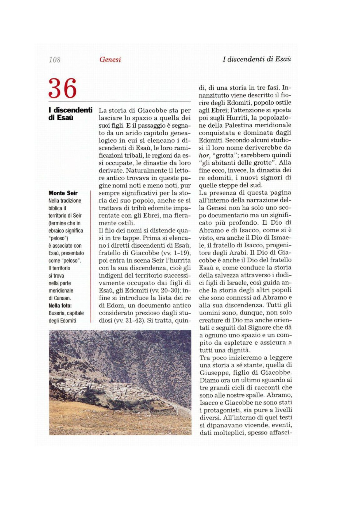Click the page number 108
pos(55,60)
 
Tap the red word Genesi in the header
pos(110,59)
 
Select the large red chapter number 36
pos(62,88)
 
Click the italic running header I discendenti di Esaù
pos(257,59)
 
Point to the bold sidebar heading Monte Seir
pos(63,193)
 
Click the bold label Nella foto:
pos(60,306)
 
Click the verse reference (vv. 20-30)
pos(165,290)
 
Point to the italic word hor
pos(204,155)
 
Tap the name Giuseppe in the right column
pos(214,373)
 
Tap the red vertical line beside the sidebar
pos(91,256)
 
